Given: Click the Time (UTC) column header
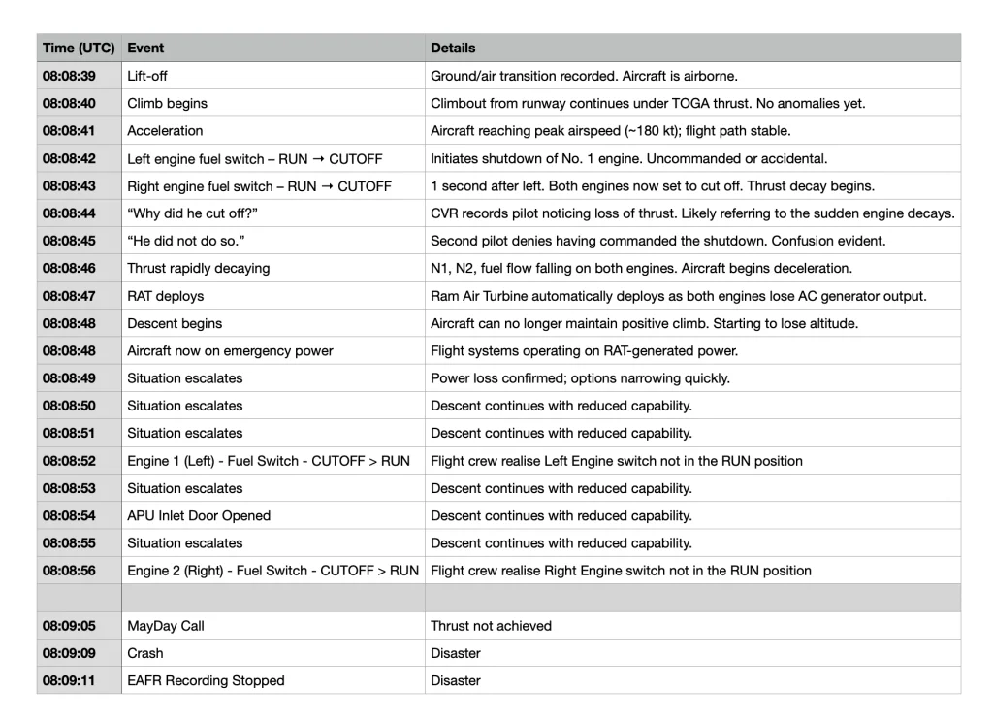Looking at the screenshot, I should coord(79,48).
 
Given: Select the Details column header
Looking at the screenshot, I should coord(453,48).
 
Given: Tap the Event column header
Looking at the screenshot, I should coord(145,48).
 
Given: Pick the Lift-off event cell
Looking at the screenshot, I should coord(147,76).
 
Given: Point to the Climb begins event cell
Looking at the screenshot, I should coord(167,103).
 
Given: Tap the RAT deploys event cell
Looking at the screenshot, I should coord(166,296).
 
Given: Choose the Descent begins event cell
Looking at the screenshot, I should coord(175,323).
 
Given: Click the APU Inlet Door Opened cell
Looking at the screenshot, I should coord(199,515).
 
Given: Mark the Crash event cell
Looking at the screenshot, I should coord(145,653).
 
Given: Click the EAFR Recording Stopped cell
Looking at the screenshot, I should coord(206,680).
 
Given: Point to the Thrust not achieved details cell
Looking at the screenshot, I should coord(491,626).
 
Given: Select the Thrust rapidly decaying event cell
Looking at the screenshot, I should coord(199,268).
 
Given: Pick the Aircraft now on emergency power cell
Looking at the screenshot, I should coord(230,350).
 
